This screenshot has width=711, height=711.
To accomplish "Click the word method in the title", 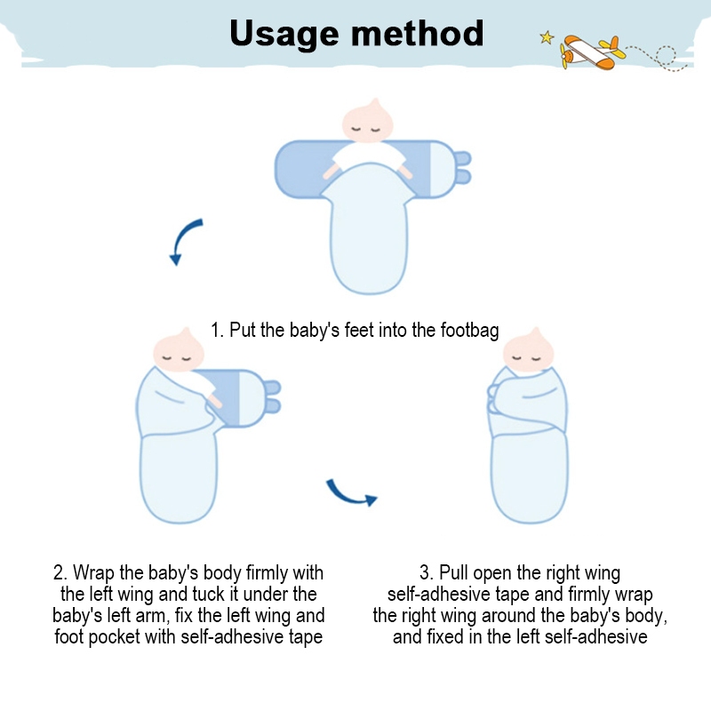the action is pos(417,33).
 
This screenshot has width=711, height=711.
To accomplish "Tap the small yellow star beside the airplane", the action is pos(547,37).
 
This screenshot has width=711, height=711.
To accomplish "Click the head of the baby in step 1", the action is pos(367,121).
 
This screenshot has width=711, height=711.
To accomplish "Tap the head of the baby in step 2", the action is pos(179,350).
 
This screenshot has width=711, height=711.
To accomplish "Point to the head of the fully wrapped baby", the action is pos(528,350).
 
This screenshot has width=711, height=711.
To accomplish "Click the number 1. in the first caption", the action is pos(217,330).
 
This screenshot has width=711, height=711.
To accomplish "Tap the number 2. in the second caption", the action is pos(60,572).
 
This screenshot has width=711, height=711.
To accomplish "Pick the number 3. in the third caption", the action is pos(427,572).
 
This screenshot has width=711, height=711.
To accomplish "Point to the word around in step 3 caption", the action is pos(509,616).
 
